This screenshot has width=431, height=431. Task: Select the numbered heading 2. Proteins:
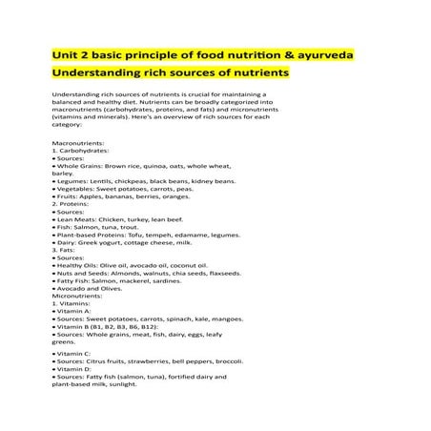73,203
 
